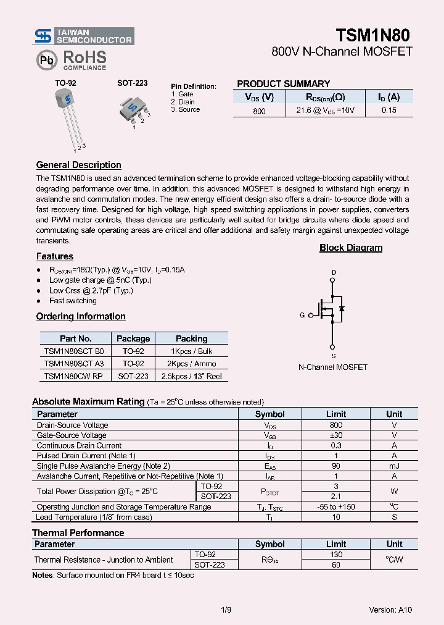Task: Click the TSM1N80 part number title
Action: click(372, 35)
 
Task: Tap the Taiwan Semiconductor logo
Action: click(83, 36)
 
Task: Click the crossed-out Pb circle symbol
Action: click(46, 60)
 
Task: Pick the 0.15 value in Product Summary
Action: click(388, 111)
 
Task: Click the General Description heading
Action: click(78, 165)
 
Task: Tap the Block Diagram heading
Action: click(350, 248)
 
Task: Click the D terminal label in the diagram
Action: click(334, 272)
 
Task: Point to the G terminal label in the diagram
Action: click(302, 315)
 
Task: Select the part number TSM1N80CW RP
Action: click(73, 376)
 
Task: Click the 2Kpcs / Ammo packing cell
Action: click(191, 364)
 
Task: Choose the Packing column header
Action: click(191, 338)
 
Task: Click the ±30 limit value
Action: click(335, 435)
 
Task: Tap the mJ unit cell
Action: click(393, 466)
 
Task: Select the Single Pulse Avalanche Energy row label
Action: click(103, 466)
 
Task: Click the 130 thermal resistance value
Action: click(335, 555)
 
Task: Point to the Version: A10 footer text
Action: click(390, 610)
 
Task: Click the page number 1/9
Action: click(226, 610)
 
